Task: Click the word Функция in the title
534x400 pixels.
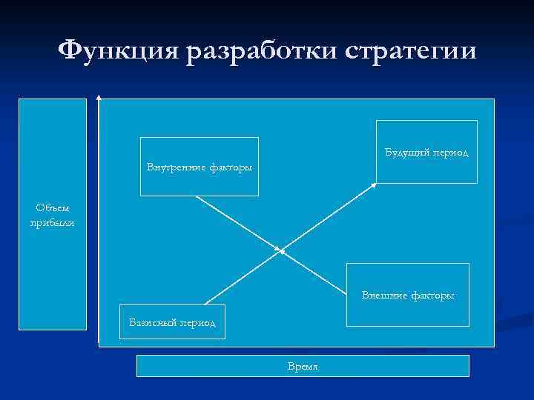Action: coord(119,51)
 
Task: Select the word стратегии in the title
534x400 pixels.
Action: coord(411,51)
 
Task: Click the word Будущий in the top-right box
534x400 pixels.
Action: coord(406,152)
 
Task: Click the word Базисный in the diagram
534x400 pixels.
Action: coord(151,324)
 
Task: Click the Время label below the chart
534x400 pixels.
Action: coord(303,367)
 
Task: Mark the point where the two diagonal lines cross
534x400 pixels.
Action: coord(281,250)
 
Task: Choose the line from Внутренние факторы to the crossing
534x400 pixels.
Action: coord(237,222)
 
